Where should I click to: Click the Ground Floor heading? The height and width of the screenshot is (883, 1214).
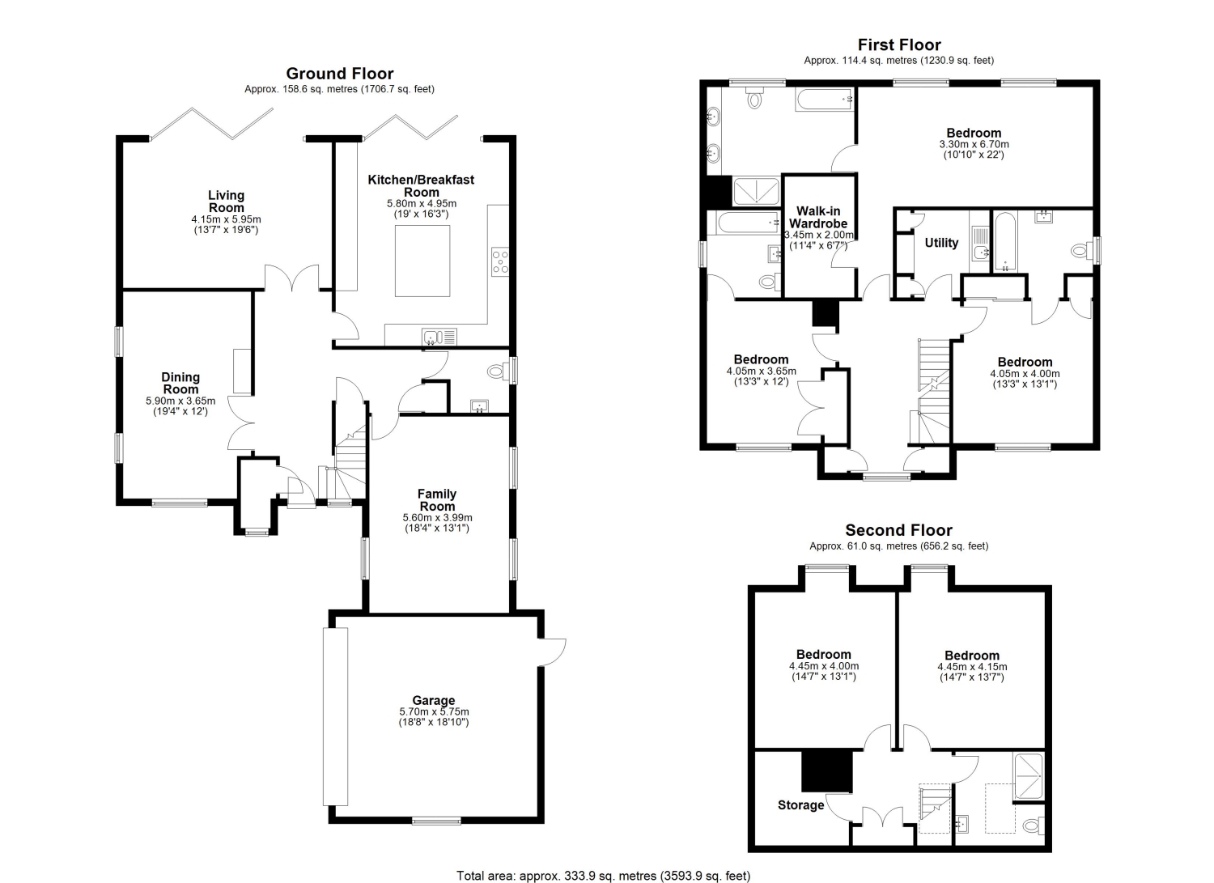point(340,73)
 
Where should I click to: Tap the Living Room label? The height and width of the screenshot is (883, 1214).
point(226,201)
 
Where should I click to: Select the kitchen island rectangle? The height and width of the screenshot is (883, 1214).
point(422,261)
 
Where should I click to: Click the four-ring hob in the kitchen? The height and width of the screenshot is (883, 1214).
point(500,261)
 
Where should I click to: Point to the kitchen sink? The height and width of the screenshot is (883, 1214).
point(439,337)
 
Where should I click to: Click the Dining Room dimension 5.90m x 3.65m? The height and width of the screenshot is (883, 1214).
point(180,401)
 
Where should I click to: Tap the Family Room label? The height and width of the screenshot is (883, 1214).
point(437,499)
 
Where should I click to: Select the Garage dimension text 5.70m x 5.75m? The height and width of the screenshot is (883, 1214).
point(434,711)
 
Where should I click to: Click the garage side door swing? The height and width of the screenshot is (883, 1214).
point(553,652)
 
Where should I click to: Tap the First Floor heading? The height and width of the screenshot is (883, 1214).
point(899,45)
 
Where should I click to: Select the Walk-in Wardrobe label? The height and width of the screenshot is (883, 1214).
point(818,217)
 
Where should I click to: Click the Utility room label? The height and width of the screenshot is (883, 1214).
point(941,242)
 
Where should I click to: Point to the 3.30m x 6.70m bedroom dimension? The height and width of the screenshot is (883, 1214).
point(974,144)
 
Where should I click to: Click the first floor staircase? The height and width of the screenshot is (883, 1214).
point(934,392)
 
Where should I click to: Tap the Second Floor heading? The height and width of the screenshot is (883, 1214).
point(898,529)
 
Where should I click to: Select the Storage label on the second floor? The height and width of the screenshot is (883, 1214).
point(800,805)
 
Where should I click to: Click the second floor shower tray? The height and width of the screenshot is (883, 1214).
point(1028,775)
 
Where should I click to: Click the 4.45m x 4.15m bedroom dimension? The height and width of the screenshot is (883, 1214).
point(972,667)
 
